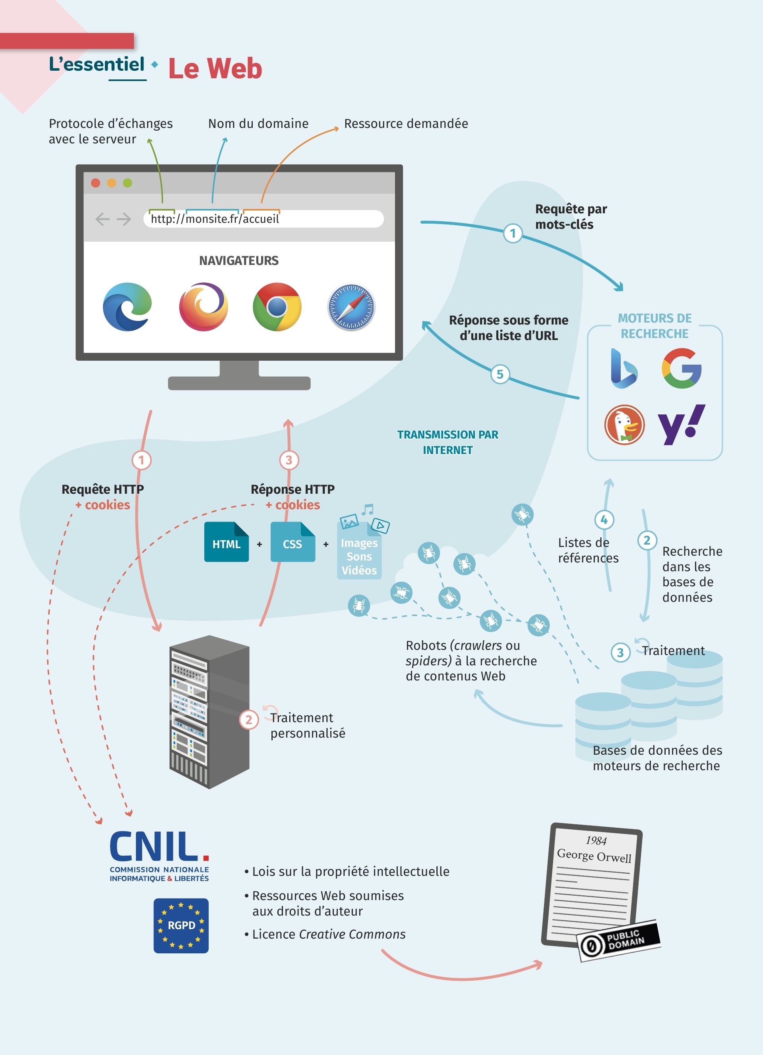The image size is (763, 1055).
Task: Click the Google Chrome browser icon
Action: [x=277, y=307]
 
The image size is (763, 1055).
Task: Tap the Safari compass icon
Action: [x=351, y=307]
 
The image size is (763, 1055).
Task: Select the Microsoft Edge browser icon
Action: [x=127, y=307]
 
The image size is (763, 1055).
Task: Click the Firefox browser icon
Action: [x=203, y=307]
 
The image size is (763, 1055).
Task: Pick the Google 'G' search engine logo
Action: [x=682, y=368]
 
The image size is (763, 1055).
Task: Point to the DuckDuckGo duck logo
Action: [x=624, y=425]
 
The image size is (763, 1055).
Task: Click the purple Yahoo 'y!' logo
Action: [x=681, y=424]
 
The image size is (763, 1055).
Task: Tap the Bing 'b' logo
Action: [x=624, y=368]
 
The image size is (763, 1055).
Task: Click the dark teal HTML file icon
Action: [x=227, y=542]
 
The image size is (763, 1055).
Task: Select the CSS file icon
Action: [x=292, y=542]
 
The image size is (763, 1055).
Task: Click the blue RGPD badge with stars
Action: [x=181, y=925]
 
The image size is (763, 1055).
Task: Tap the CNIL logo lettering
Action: [x=159, y=846]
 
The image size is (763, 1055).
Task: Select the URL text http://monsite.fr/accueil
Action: [x=215, y=218]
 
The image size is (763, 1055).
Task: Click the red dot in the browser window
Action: [x=96, y=183]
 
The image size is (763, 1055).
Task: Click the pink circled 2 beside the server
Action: [x=249, y=720]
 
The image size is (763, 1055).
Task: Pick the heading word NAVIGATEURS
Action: [x=239, y=261]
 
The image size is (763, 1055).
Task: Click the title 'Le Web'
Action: [x=215, y=69]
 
